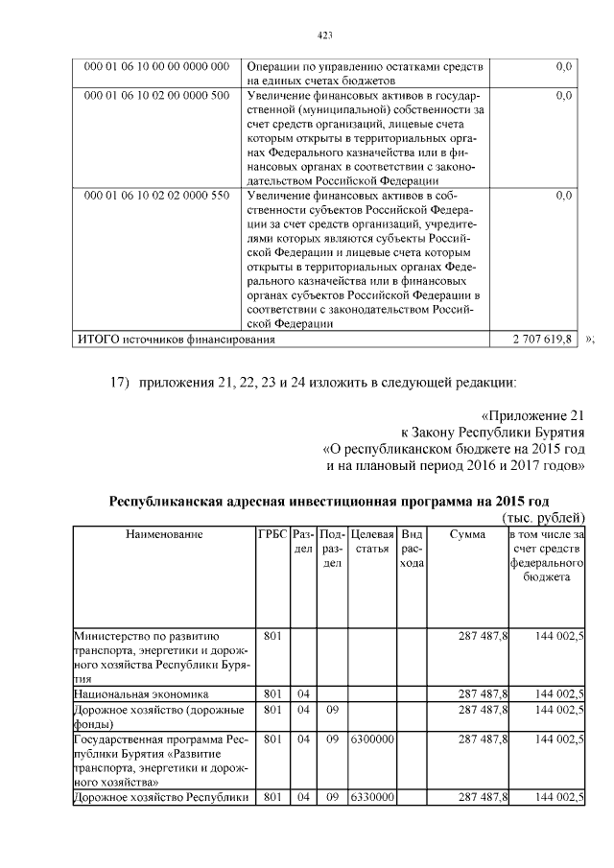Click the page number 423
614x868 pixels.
(324, 35)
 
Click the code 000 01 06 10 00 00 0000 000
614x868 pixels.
(157, 66)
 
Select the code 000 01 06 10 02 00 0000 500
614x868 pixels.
(157, 95)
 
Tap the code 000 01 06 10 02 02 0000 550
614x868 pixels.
(157, 195)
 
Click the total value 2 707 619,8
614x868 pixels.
(544, 340)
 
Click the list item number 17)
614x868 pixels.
(120, 384)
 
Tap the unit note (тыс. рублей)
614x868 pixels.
(543, 518)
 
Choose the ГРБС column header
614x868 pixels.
(272, 533)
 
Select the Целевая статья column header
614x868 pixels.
(373, 541)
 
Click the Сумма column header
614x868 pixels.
(467, 533)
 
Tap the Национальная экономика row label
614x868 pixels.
(142, 692)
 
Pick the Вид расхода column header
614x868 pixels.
(412, 549)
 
